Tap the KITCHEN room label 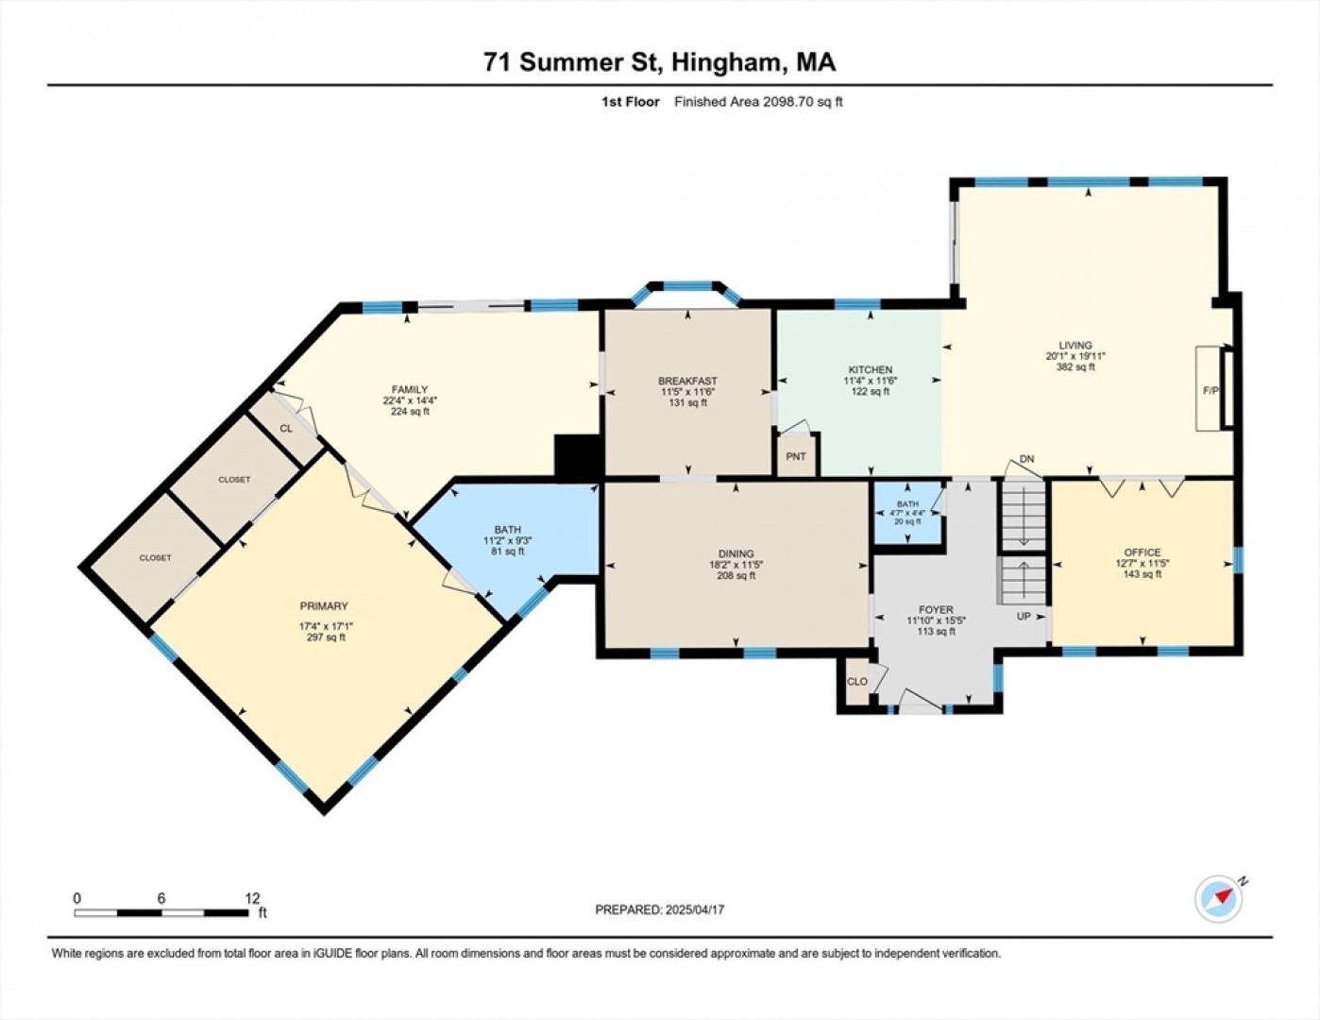coord(870,369)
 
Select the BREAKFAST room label coord(687,381)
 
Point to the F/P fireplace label coord(1210,390)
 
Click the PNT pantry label coord(796,456)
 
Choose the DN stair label coord(1026,459)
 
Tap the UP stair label coord(1024,616)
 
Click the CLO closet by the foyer coord(857,682)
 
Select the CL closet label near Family coord(286,428)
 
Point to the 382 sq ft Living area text coord(1075,367)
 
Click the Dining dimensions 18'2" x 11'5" coord(736,565)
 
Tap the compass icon coord(1218,899)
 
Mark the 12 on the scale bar coord(252,898)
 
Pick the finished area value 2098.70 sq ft coord(803,101)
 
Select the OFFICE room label coord(1142,552)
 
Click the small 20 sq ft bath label coord(907,521)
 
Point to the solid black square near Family coord(578,455)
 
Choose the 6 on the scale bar coord(161,898)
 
